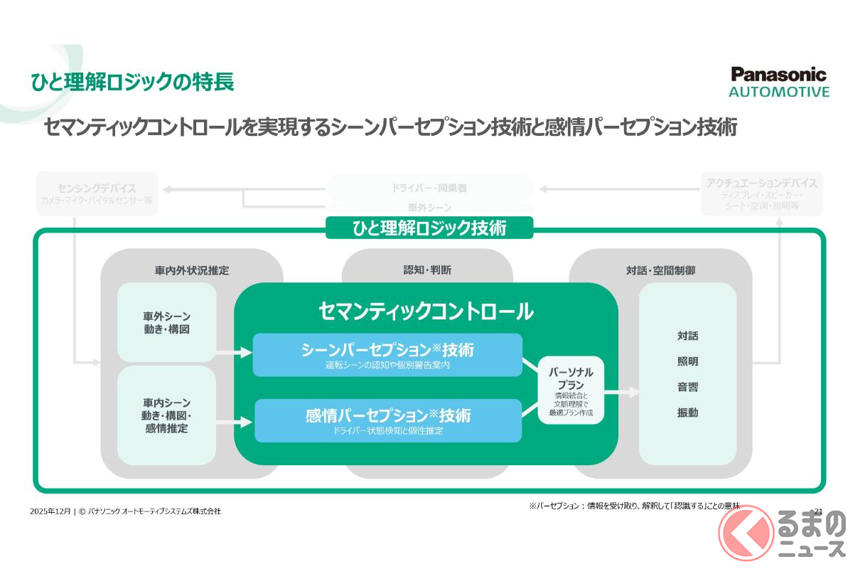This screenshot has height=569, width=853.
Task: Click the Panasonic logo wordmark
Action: pyautogui.click(x=779, y=75)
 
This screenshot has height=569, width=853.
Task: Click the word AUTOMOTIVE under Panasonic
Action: pyautogui.click(x=779, y=92)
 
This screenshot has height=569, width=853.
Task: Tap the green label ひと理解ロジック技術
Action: pyautogui.click(x=429, y=228)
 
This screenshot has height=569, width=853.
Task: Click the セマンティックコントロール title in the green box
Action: pyautogui.click(x=426, y=311)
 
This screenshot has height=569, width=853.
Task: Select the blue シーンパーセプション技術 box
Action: pyautogui.click(x=387, y=355)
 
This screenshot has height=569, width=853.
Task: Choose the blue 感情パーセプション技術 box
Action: pyautogui.click(x=387, y=420)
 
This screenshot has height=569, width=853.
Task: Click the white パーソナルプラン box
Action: pyautogui.click(x=571, y=390)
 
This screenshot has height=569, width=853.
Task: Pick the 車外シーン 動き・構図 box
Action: pyautogui.click(x=166, y=322)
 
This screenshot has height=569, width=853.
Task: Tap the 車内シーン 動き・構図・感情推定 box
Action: pyautogui.click(x=166, y=415)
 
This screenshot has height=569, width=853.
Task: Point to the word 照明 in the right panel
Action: pyautogui.click(x=687, y=361)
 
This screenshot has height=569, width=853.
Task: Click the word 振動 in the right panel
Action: pyautogui.click(x=687, y=413)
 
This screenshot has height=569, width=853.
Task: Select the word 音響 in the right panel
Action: pyautogui.click(x=687, y=387)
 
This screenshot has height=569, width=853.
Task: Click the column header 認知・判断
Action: pyautogui.click(x=426, y=270)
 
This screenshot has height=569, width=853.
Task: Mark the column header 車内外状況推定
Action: pyautogui.click(x=192, y=270)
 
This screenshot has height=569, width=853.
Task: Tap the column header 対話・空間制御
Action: pyautogui.click(x=660, y=270)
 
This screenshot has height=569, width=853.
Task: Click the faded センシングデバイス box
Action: pyautogui.click(x=97, y=193)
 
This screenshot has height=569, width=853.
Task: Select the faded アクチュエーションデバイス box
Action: pyautogui.click(x=761, y=193)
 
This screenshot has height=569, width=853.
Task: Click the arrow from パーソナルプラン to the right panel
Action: pyautogui.click(x=621, y=391)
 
